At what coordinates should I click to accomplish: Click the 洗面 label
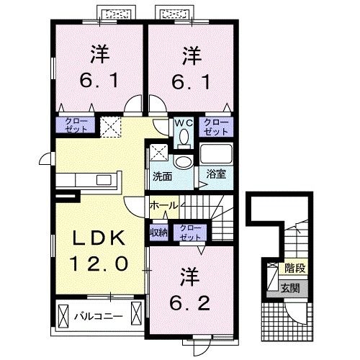click(162, 175)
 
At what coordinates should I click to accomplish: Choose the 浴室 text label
click(215, 174)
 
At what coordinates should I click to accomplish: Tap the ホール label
click(163, 206)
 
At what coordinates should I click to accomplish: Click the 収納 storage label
click(159, 233)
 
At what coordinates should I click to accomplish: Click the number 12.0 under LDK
click(101, 264)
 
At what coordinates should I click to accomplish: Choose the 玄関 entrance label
click(292, 289)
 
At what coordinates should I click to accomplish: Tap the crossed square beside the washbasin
click(158, 152)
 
